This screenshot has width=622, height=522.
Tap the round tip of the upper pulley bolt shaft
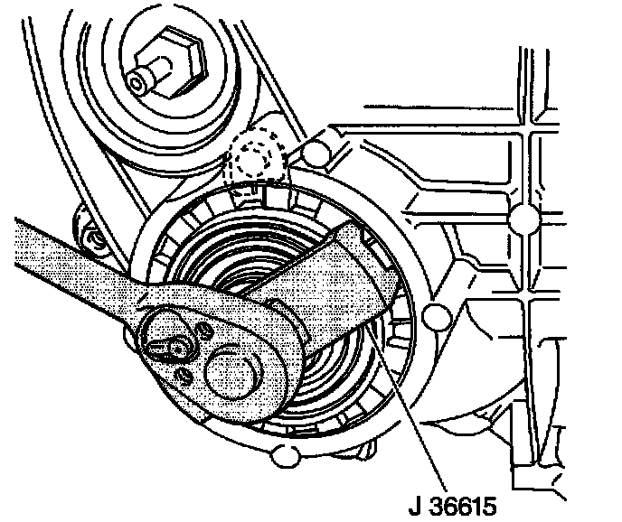pos(137,83)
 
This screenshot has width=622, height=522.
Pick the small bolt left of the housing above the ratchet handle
pos(90,238)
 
